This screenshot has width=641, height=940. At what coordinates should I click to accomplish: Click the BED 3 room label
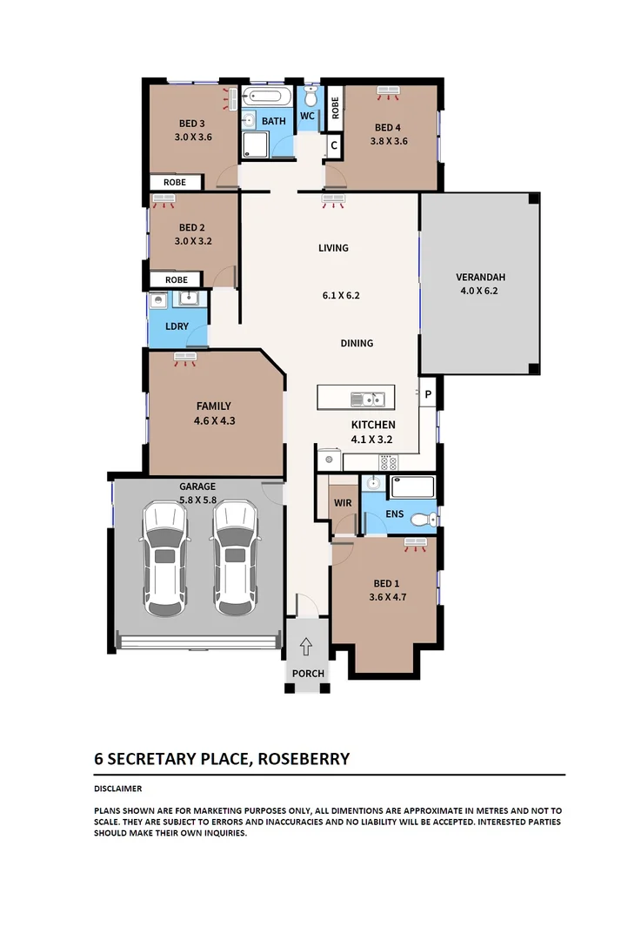click(192, 123)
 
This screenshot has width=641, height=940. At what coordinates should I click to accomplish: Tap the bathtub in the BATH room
click(268, 97)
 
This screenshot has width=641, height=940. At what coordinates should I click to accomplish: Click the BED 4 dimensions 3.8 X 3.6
click(389, 141)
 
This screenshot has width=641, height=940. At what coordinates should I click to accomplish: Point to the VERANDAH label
click(480, 278)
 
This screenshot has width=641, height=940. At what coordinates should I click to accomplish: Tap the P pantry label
click(428, 395)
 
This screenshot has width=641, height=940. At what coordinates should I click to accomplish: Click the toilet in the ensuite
click(423, 520)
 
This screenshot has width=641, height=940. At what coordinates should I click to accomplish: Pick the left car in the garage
click(166, 558)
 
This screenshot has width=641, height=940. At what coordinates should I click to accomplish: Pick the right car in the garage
click(234, 558)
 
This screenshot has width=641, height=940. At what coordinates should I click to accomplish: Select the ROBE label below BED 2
click(176, 280)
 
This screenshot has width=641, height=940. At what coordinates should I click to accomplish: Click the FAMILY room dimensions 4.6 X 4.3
click(214, 421)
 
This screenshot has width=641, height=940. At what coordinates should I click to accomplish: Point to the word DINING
click(357, 343)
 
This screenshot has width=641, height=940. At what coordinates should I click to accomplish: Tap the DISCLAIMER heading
click(118, 789)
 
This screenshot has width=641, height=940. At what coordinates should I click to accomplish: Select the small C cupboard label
click(333, 145)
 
